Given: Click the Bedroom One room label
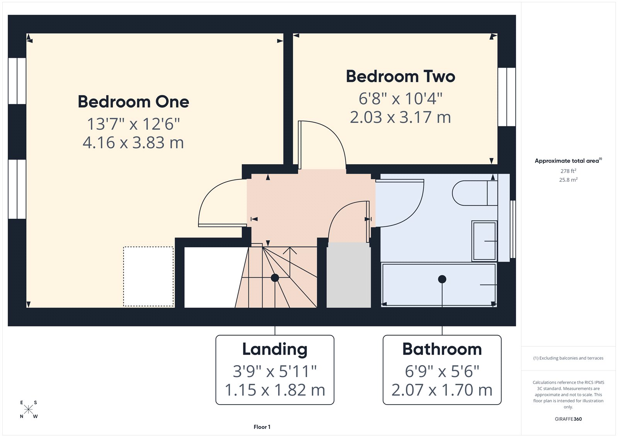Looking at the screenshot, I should (x=133, y=102).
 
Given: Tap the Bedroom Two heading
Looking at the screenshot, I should (x=401, y=77).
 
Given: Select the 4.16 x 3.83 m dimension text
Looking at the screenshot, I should (x=133, y=143).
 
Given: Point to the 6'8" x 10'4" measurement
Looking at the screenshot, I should (x=401, y=99).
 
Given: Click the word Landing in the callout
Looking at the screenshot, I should (x=275, y=349).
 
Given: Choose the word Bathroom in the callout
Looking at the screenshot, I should (x=442, y=349).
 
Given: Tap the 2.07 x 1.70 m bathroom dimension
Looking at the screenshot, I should (x=442, y=390).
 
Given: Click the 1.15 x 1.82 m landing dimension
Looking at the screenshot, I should (x=275, y=390).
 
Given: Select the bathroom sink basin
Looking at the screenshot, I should (x=484, y=241).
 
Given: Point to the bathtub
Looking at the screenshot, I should (x=438, y=285).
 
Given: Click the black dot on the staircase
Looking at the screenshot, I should (x=275, y=277).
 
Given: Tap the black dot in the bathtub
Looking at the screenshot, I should (x=442, y=279).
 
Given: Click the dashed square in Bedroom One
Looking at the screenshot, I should (x=148, y=276).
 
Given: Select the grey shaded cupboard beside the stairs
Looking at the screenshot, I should (x=348, y=275).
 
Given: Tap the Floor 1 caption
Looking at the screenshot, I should (x=262, y=427).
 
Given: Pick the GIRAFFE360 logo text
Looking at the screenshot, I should (x=568, y=419).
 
